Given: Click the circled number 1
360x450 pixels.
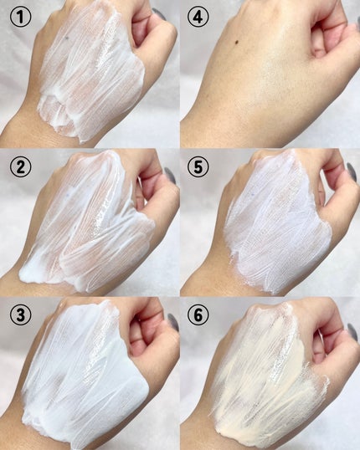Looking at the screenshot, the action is coord(20,17).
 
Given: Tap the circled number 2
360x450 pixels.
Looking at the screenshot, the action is coord(20,166).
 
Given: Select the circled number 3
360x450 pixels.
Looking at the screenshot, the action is coord(20,314).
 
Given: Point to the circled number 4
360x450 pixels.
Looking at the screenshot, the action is coord(198,17).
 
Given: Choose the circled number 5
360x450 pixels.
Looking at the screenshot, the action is coord(198,166).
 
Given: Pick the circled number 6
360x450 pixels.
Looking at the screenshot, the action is coord(198,314).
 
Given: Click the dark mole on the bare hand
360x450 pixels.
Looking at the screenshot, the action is coord(238,43).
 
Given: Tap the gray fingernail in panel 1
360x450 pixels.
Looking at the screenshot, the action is coord(159,13).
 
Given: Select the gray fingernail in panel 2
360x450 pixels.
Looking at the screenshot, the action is coord(170,176).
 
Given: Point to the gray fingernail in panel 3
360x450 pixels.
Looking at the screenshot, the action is coord(173,322).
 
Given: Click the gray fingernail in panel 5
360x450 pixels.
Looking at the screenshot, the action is coord(352,171).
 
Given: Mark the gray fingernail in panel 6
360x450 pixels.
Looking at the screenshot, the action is coord(352,332).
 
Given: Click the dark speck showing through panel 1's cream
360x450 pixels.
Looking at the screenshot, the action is coord(67,38).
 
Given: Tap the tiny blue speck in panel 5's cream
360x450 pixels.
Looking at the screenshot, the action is coord(253,195).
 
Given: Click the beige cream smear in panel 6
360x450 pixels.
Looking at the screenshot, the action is coord(267,379).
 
